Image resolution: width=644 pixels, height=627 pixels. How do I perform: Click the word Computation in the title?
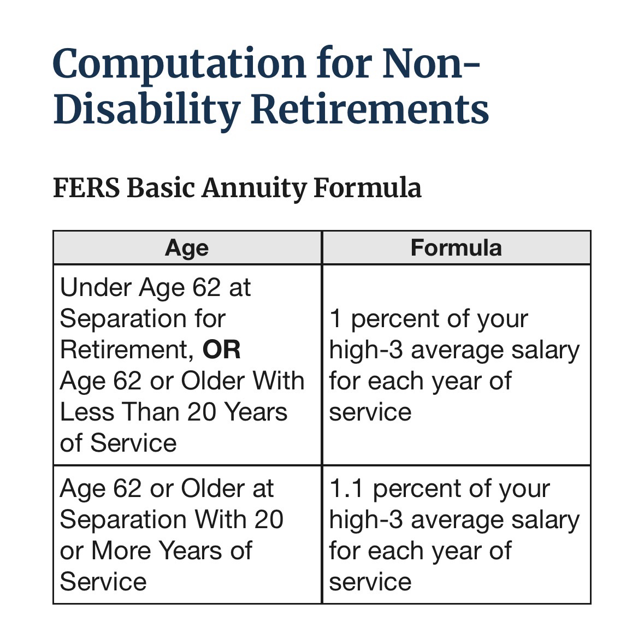[x=179, y=65]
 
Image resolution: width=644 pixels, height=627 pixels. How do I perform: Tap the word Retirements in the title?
[x=370, y=109]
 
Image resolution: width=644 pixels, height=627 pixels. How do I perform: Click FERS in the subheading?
[x=87, y=188]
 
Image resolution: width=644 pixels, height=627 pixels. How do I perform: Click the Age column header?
[x=187, y=248]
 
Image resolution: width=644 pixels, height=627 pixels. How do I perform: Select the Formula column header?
[x=456, y=247]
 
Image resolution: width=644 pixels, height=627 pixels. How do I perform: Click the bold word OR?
[x=222, y=350]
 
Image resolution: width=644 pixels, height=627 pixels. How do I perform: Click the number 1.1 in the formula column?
[x=346, y=489]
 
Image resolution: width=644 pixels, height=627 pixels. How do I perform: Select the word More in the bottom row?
[x=122, y=551]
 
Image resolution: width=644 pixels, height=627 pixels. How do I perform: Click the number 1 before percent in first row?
[x=335, y=318]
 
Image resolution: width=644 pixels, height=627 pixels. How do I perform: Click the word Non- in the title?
[x=430, y=64]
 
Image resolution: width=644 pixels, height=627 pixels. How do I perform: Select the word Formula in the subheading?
[x=368, y=188]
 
